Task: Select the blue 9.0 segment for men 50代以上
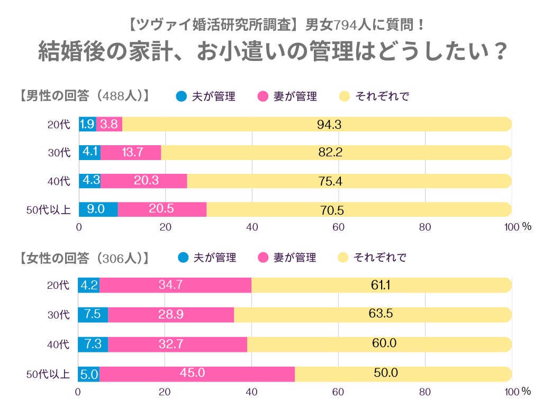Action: tap(98, 209)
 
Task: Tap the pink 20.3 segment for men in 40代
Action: tap(144, 181)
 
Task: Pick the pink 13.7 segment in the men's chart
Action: tap(131, 153)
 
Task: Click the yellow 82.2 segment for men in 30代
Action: tap(330, 153)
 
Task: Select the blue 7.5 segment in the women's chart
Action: tap(93, 314)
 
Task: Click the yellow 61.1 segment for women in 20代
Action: tap(381, 285)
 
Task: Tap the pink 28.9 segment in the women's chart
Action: tap(171, 314)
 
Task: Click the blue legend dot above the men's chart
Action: tap(182, 96)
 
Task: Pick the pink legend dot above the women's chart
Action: tap(263, 258)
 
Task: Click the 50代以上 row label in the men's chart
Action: tap(48, 210)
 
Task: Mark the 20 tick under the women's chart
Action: tap(165, 393)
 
